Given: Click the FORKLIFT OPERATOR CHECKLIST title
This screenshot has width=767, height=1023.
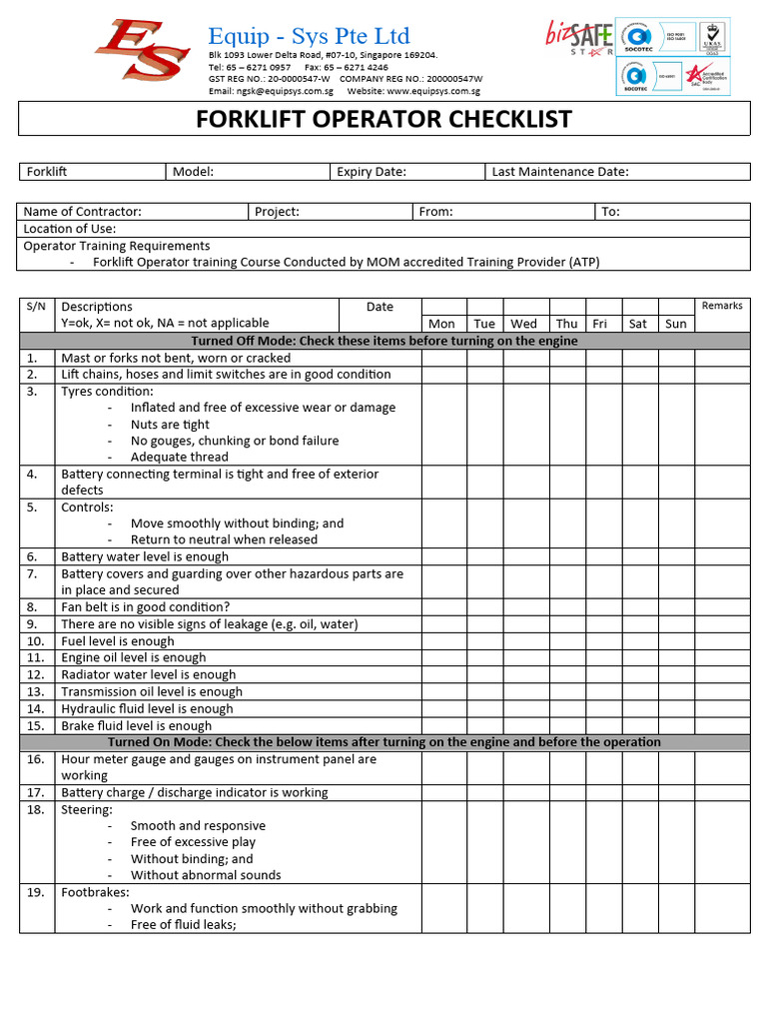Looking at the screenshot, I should coord(383,119).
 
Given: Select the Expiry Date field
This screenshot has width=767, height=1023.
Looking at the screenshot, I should coord(407,172).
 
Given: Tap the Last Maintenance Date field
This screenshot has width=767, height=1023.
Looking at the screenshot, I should coord(616,172).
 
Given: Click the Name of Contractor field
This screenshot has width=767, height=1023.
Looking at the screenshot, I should coord(133,212).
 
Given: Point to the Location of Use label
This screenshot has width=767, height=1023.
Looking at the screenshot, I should coord(70,229).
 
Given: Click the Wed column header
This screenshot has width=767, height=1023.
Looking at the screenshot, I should coord(523,324).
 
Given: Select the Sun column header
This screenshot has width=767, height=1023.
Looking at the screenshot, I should coord(676,324).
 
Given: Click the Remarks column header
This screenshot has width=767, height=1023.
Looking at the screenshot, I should coord(722,306).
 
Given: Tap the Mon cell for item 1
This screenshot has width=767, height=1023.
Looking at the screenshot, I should coord(442,358).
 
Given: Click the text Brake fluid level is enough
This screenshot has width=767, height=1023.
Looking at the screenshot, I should coord(136,726).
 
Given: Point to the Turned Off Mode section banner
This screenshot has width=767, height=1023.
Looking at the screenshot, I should coord(383,341).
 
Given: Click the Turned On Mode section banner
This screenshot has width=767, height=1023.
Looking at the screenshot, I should coord(383,742).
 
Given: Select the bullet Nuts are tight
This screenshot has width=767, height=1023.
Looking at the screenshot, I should coord(170,425).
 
